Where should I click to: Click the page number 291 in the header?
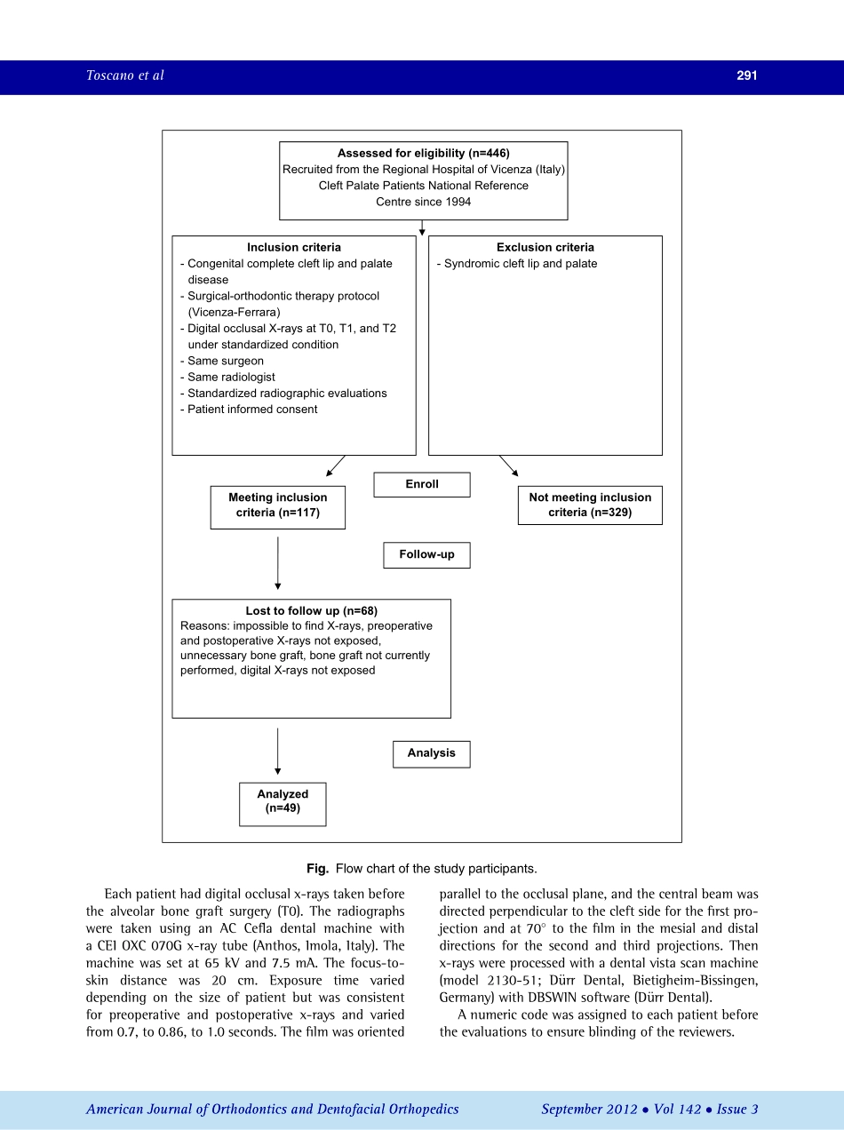746,76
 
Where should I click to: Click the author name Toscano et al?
125,76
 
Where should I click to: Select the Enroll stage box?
422,484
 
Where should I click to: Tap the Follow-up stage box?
426,554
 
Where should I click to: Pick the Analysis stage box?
431,753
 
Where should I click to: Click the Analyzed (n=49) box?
283,803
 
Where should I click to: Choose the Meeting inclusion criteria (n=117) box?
277,506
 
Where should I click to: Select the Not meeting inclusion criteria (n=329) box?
590,505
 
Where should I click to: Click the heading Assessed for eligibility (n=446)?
423,154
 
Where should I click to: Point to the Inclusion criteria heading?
293,248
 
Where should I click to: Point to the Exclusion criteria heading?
545,248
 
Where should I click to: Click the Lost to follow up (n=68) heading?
311,611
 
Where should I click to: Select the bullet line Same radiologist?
227,378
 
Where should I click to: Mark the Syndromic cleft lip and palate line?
517,264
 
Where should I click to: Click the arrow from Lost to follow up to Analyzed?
278,751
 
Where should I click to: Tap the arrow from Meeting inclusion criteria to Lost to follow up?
278,563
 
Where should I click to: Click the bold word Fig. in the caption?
318,869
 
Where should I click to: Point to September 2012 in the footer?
589,1109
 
